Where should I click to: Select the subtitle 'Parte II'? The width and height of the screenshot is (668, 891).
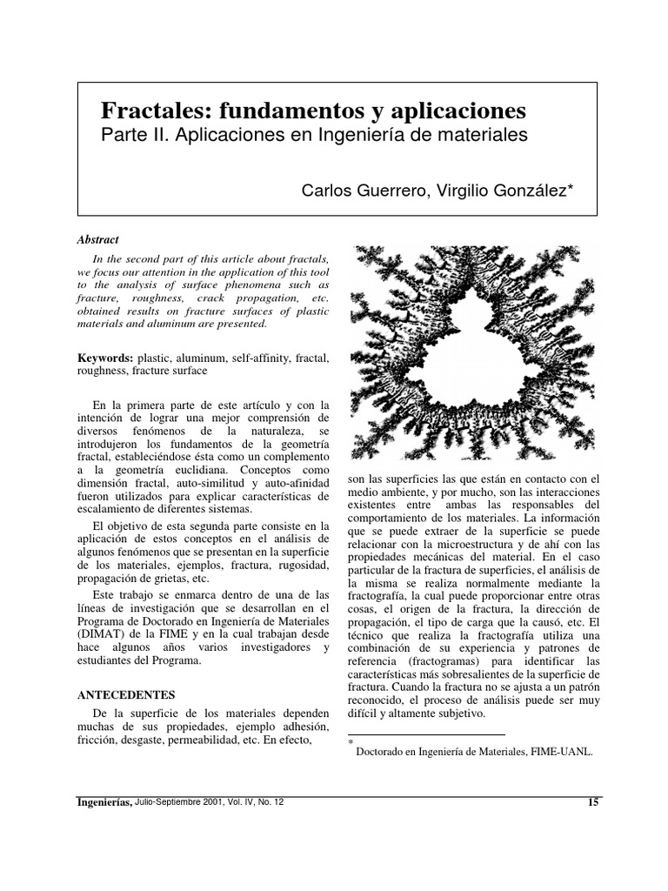tap(130, 136)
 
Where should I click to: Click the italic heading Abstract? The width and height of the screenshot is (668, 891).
tap(98, 239)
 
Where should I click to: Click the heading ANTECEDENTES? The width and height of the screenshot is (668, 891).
tap(126, 695)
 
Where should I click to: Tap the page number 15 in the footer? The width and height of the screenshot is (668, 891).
tap(593, 802)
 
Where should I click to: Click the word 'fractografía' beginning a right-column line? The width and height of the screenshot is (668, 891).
tap(377, 595)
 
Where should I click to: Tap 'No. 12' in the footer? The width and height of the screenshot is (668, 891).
tap(269, 802)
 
